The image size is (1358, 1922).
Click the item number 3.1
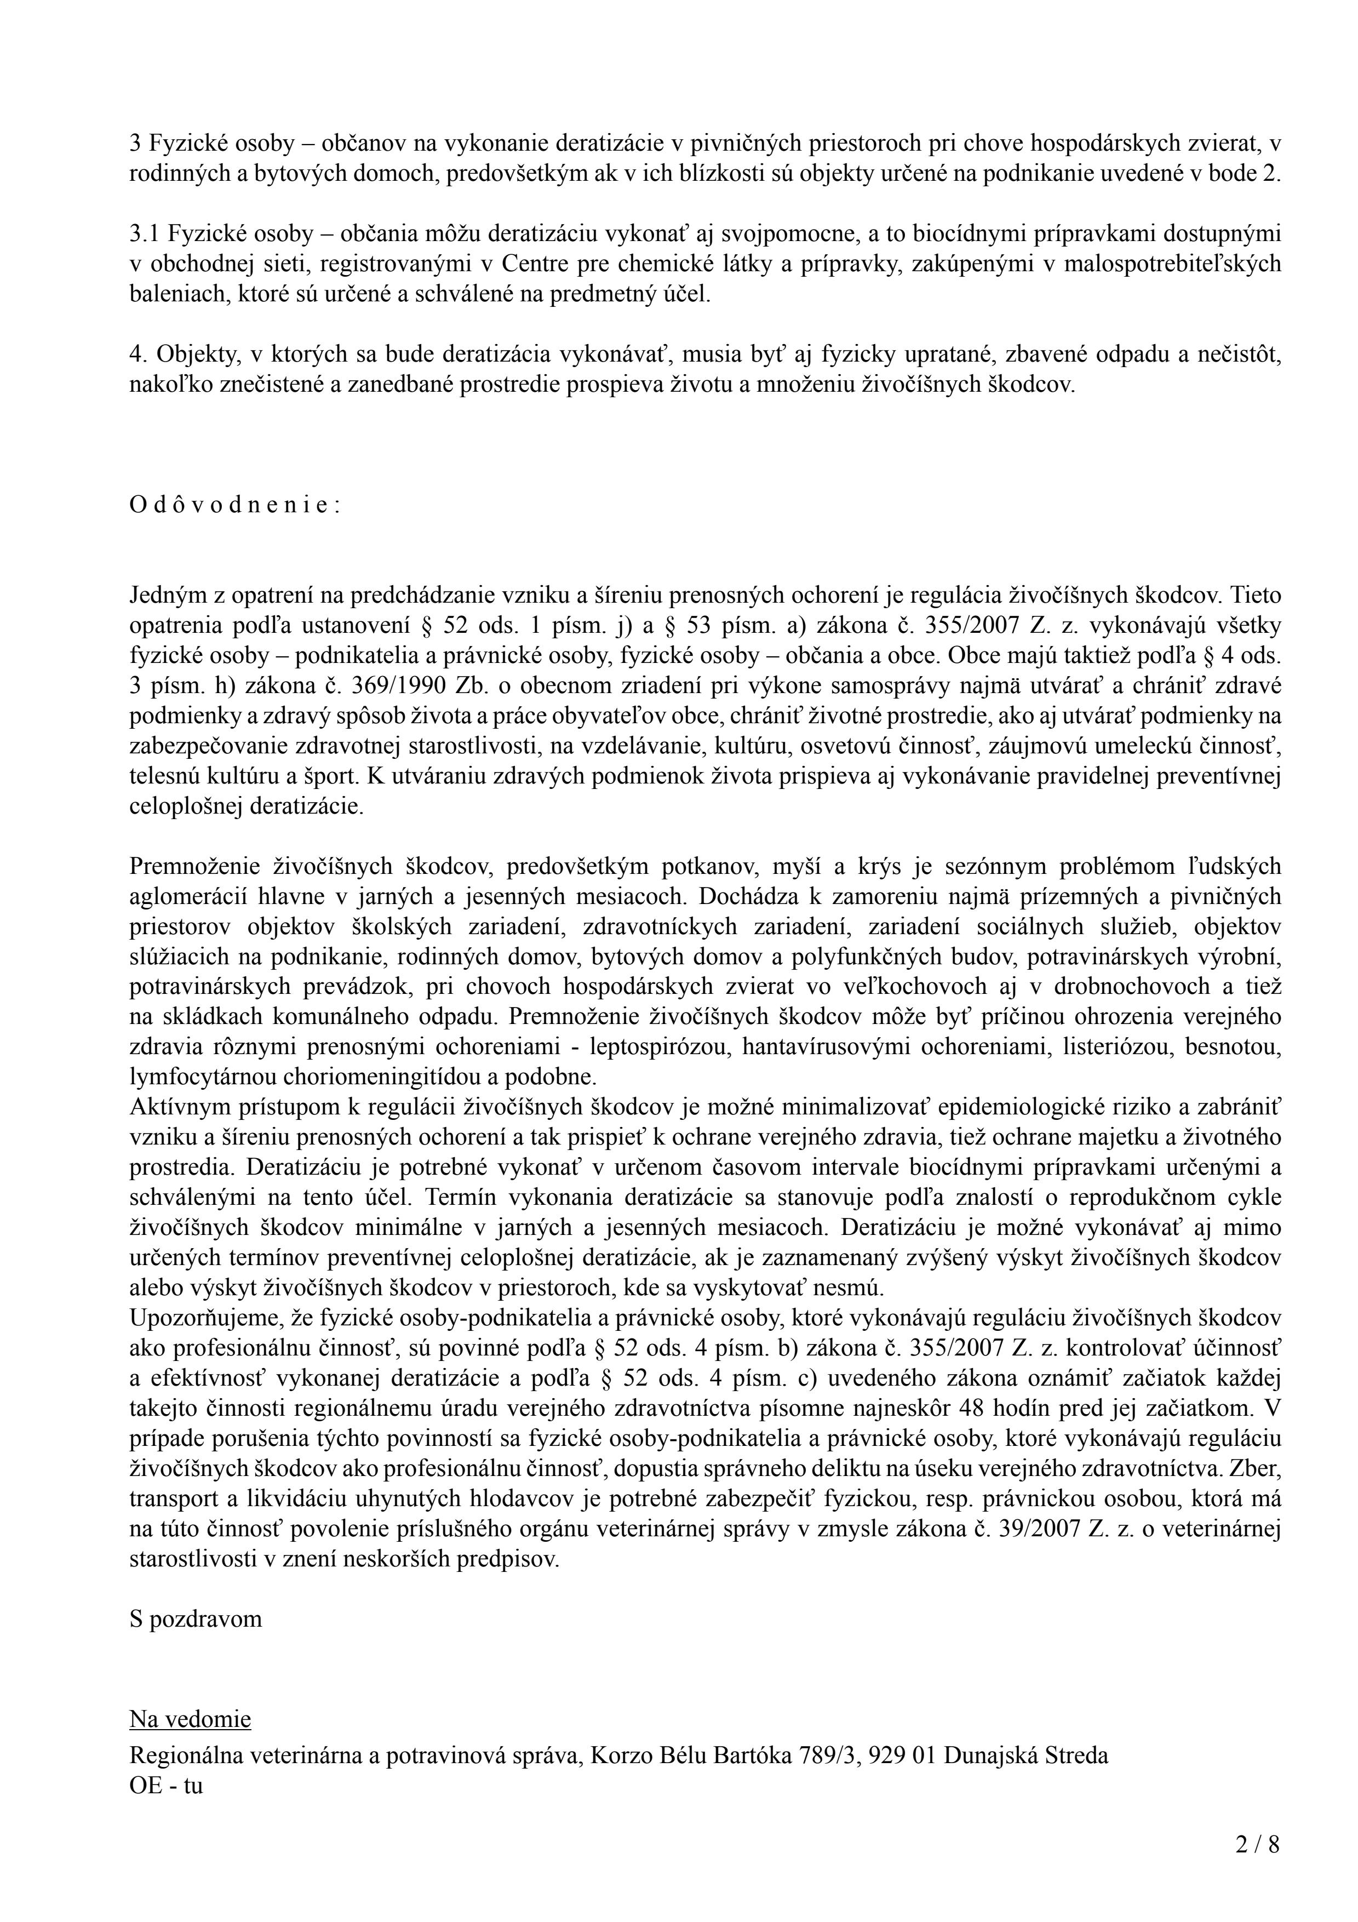click(144, 234)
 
